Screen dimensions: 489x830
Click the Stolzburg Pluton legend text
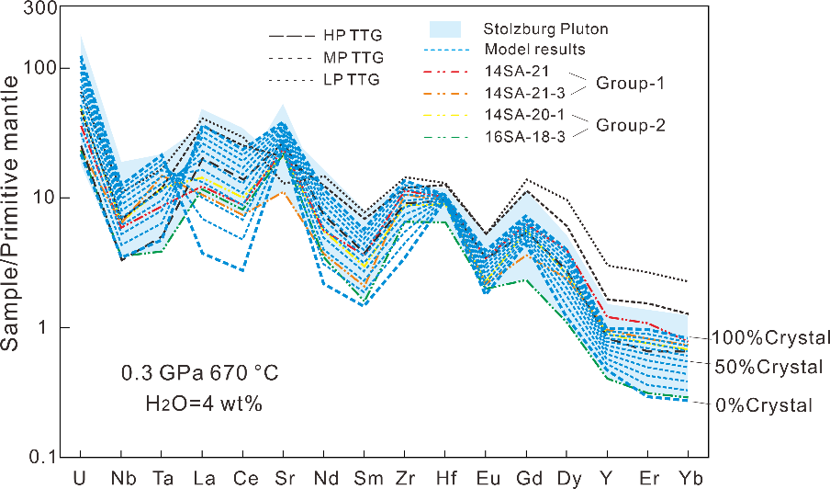click(x=545, y=29)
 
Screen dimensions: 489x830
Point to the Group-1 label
click(x=629, y=81)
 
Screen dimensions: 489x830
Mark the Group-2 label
click(x=630, y=124)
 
